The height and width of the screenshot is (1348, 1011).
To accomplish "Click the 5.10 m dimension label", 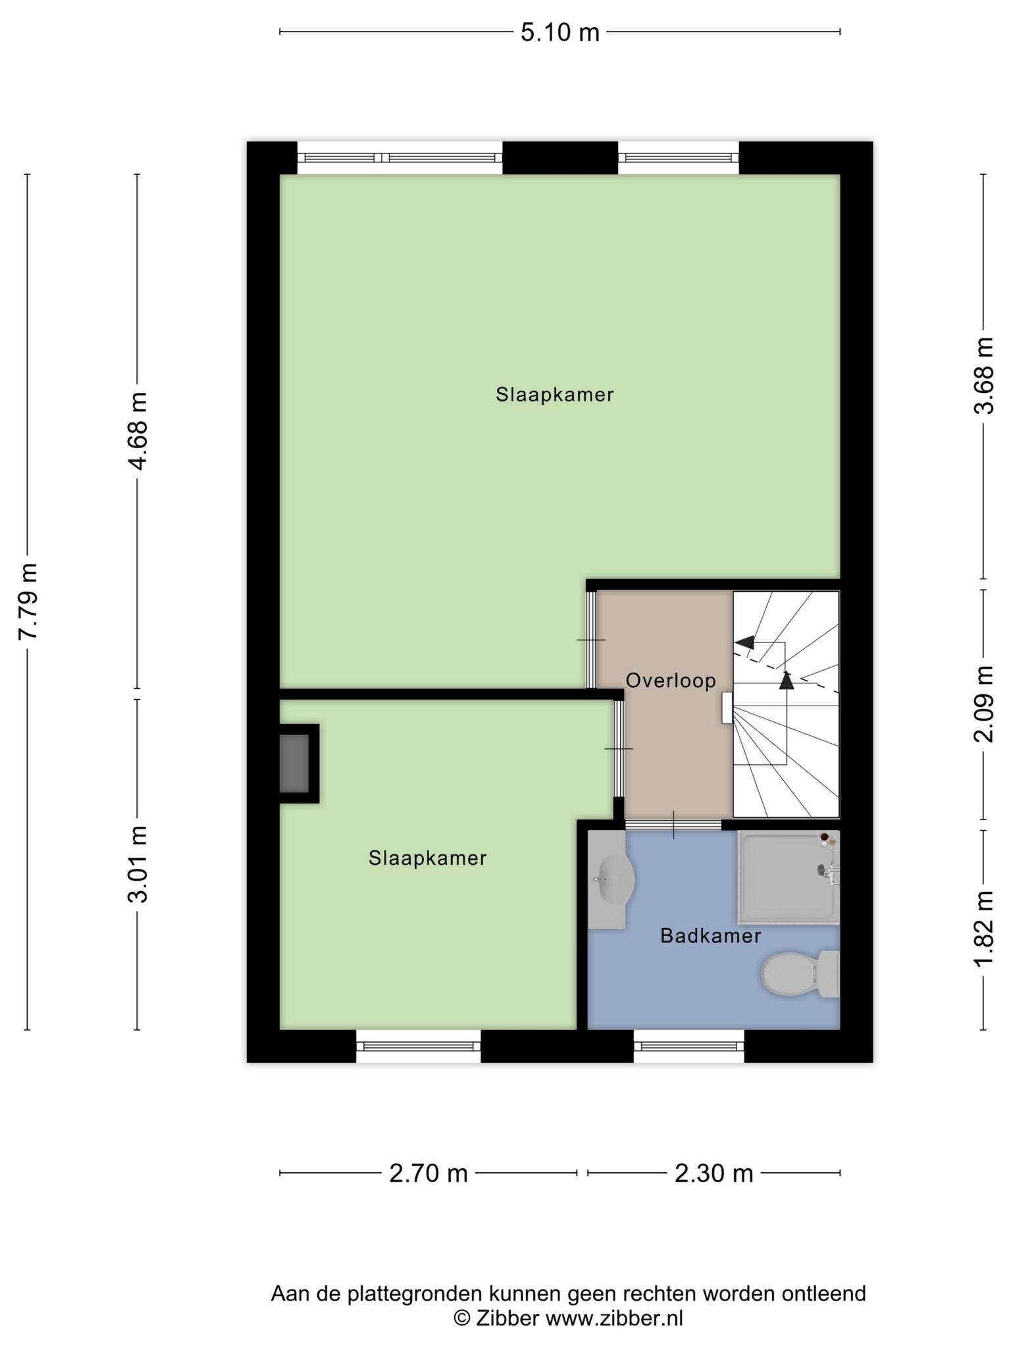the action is pyautogui.click(x=560, y=32).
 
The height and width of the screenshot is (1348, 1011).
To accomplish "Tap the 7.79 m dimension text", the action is pyautogui.click(x=28, y=601).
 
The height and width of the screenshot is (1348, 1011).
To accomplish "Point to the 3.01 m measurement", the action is pyautogui.click(x=138, y=863).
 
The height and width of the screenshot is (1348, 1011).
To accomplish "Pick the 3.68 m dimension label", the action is pyautogui.click(x=983, y=375).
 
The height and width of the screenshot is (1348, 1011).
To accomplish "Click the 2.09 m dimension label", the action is pyautogui.click(x=983, y=704).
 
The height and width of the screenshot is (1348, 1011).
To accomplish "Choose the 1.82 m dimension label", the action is pyautogui.click(x=983, y=929).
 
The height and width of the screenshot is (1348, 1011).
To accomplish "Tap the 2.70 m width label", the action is pyautogui.click(x=428, y=1173).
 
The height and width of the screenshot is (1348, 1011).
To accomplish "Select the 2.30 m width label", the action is pyautogui.click(x=714, y=1173).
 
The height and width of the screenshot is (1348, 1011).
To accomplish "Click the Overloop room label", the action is pyautogui.click(x=671, y=681).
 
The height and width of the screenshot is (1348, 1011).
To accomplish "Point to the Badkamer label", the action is pyautogui.click(x=711, y=935).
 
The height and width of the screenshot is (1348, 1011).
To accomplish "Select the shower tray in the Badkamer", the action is pyautogui.click(x=789, y=878).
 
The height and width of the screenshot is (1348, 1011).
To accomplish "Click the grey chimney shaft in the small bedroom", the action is pyautogui.click(x=294, y=764).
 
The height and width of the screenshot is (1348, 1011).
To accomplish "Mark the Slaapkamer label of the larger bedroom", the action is pyautogui.click(x=555, y=395).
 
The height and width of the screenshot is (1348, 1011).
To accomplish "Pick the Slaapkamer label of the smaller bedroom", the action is pyautogui.click(x=428, y=858).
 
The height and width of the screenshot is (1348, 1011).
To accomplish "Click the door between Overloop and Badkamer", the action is pyautogui.click(x=673, y=825).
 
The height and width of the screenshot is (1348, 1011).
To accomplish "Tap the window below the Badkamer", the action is pyautogui.click(x=689, y=1046).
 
